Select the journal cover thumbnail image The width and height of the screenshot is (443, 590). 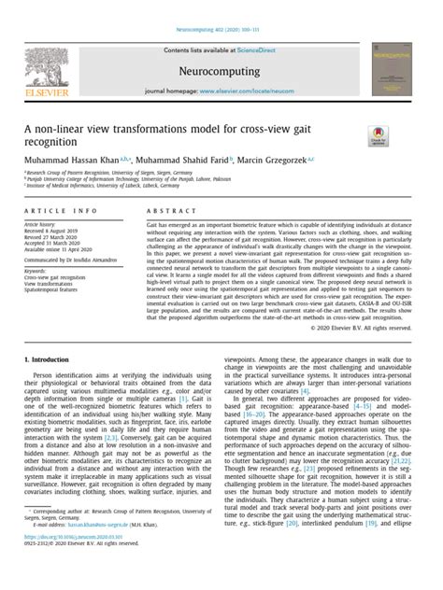coord(391,68)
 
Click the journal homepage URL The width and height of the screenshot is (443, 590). coord(267,91)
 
